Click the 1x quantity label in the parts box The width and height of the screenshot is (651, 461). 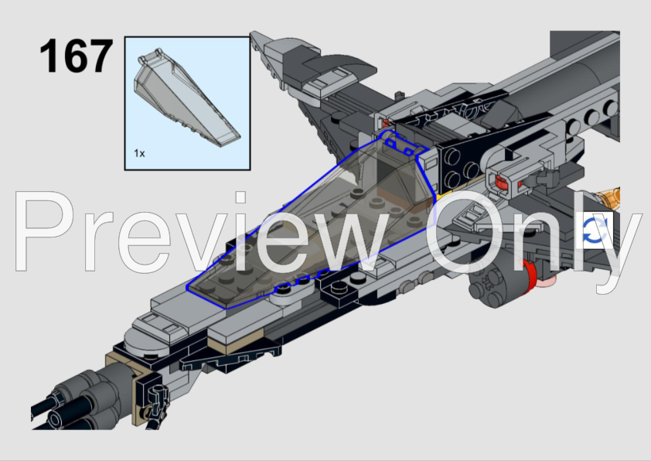coord(139,153)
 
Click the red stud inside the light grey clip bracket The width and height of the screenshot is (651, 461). coord(501,183)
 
